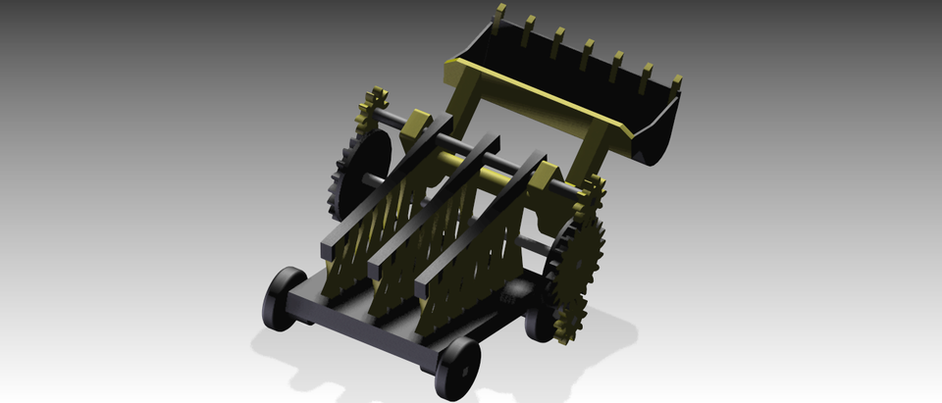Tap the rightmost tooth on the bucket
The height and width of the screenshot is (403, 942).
pos(675,84)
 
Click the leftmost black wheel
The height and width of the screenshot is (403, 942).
pos(282,298)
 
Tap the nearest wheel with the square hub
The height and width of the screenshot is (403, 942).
pos(457,368)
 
